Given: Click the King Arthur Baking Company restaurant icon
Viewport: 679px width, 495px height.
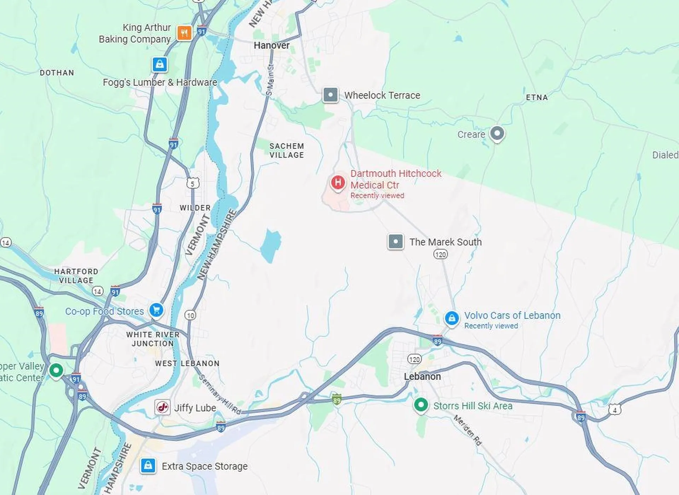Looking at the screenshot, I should (184, 33).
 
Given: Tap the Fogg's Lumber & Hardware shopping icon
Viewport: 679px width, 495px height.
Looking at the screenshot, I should (159, 64).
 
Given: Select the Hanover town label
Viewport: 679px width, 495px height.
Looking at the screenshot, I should (271, 45).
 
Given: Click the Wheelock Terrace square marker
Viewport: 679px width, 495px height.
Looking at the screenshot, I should (330, 95).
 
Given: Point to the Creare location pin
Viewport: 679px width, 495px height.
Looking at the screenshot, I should (497, 134).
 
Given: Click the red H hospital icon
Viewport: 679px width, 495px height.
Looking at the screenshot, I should (338, 182).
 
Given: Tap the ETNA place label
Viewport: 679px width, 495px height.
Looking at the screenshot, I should (536, 98).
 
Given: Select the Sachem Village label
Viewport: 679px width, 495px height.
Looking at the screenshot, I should (286, 151).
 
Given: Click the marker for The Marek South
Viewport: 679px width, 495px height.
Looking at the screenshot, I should (395, 242).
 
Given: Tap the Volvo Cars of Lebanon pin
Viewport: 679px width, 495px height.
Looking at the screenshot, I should (452, 318).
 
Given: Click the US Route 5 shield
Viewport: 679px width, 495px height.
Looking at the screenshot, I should (193, 183).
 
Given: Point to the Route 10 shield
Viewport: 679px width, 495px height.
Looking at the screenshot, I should (190, 315).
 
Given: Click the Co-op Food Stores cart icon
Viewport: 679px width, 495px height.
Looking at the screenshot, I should (156, 310).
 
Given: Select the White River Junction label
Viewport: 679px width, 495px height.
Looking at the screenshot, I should (153, 339).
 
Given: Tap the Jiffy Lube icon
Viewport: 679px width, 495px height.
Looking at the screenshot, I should (162, 407).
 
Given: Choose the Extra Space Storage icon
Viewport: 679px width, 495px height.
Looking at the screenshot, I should (148, 465).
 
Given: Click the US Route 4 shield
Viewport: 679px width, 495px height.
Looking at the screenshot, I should (614, 410).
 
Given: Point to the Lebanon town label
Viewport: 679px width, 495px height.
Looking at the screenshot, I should (422, 377).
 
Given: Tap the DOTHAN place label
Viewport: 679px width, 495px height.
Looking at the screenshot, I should (57, 73).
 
